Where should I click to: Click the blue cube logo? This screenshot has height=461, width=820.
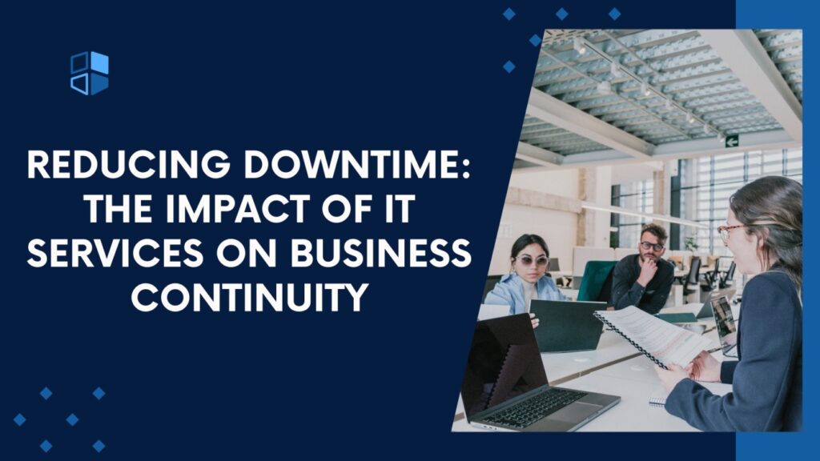(89, 73)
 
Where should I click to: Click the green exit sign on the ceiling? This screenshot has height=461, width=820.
(731, 141)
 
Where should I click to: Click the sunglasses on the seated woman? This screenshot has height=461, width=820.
(531, 261)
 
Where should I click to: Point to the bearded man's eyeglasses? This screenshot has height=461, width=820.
(652, 246)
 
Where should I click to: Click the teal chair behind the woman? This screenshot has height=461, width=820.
(596, 281)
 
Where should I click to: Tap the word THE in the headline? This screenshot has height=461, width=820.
(119, 210)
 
